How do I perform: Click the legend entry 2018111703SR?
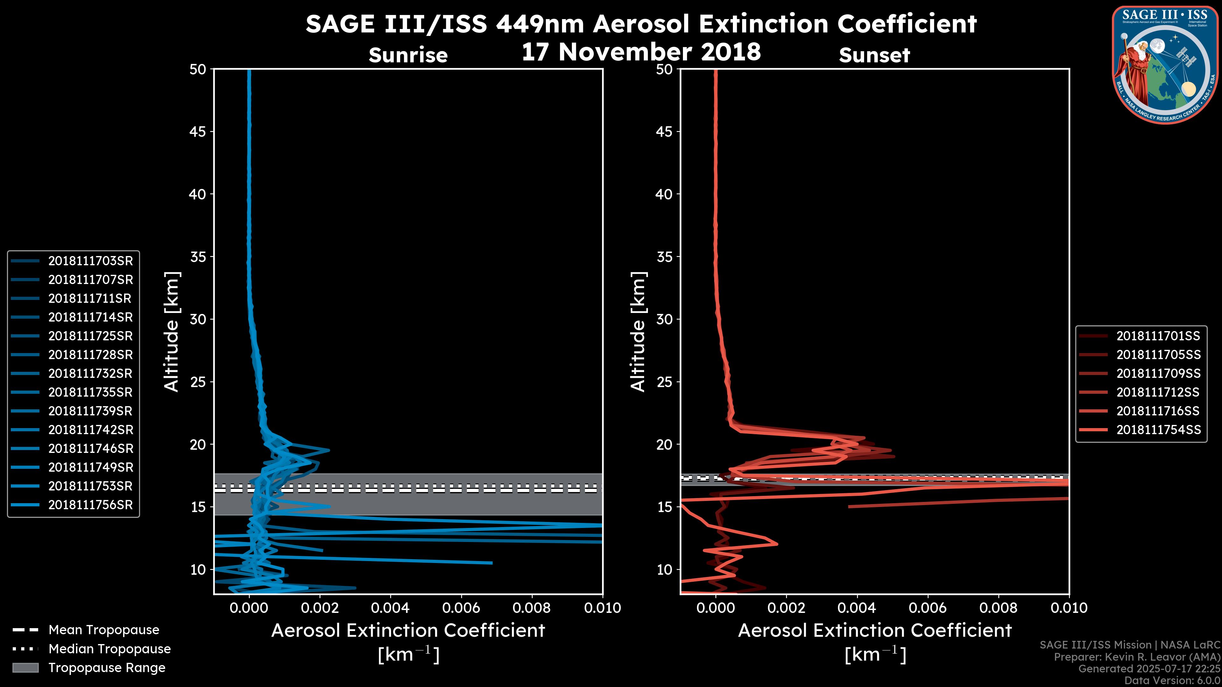[90, 261]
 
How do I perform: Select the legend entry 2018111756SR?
[90, 505]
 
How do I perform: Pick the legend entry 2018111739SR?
[90, 411]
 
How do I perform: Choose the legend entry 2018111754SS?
[1158, 430]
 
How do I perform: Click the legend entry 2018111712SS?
[1158, 392]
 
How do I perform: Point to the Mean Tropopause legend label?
[104, 630]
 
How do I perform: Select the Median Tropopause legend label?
[109, 649]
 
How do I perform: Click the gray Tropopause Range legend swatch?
[25, 668]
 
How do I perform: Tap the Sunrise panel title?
[408, 55]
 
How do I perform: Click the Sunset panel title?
[874, 55]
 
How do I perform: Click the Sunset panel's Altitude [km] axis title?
[638, 332]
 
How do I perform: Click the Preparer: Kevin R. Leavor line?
[1137, 657]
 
